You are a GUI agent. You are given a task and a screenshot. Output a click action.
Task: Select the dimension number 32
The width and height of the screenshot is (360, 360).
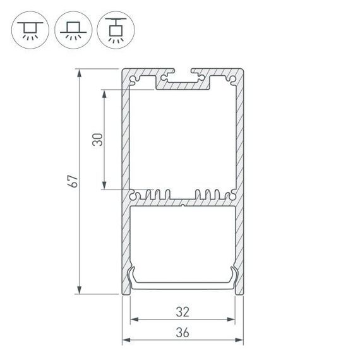point(183,311)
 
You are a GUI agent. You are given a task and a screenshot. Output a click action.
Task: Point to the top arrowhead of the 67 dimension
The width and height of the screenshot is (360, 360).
point(80,73)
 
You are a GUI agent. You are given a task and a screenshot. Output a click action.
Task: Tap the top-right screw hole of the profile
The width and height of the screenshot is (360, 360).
point(232,80)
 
